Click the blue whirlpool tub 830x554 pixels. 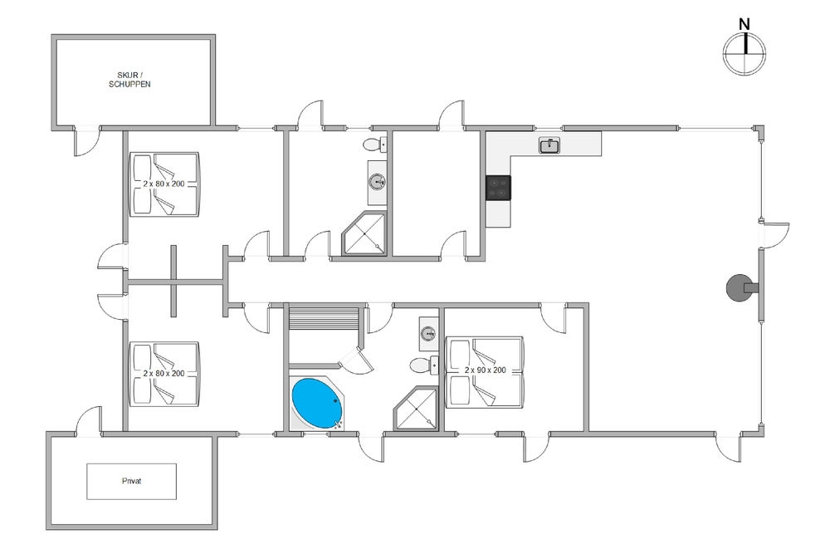(316, 402)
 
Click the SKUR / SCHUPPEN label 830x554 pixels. (133, 79)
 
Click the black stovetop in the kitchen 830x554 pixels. (498, 188)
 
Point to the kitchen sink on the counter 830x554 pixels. (549, 146)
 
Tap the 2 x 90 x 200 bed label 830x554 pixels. (485, 370)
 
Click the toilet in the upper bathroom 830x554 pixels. (374, 145)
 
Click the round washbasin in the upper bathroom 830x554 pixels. (377, 182)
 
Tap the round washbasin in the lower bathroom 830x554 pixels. (428, 333)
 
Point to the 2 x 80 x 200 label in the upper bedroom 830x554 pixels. (164, 183)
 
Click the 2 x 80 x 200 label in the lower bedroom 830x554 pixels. (164, 374)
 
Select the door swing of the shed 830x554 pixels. (85, 142)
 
